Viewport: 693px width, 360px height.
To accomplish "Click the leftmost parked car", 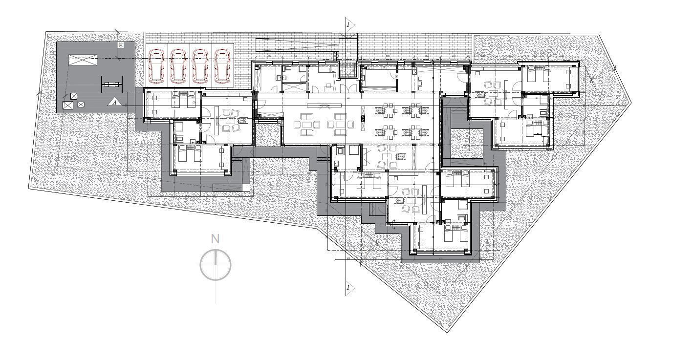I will coord(157,65).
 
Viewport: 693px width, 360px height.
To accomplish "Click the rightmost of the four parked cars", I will coord(222,65).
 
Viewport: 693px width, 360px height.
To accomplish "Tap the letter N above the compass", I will coord(215,239).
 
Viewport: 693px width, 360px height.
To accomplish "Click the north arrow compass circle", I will coord(215,265).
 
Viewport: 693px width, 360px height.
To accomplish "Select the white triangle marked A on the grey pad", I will coord(114,102).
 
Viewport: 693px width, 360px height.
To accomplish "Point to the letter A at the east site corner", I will coord(618,102).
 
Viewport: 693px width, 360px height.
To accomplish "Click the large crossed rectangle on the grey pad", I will coord(83,60).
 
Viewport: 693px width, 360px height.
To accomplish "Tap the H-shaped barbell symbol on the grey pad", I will coord(111,85).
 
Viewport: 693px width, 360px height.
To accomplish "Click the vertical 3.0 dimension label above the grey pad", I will coord(120,45).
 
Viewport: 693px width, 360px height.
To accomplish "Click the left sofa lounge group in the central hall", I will coord(306,124).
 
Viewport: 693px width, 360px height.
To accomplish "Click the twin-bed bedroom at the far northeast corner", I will coord(549,78).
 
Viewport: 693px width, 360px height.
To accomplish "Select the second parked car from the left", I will coord(178,65).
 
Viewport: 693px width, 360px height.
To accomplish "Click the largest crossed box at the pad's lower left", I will coord(68,105).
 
